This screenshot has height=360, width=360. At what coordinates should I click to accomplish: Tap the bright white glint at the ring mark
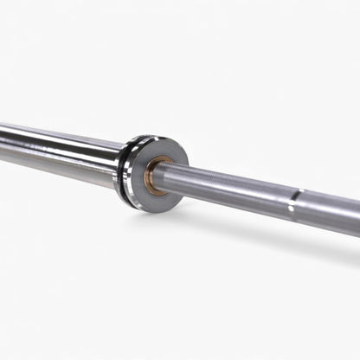tap(291, 208)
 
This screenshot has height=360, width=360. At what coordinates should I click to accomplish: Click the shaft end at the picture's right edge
tap(356, 218)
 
